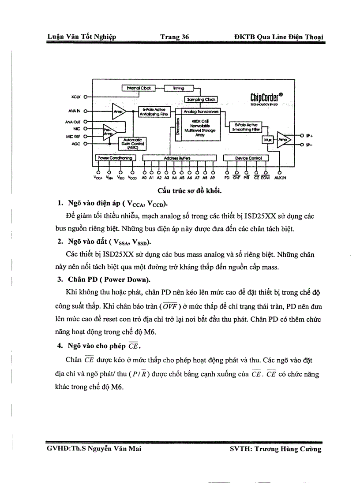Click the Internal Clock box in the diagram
point(139,88)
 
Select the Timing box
point(178,88)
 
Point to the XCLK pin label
point(75,96)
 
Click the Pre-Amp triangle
point(109,132)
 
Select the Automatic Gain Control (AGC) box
point(133,144)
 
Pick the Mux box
point(267,140)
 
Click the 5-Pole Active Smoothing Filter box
point(246,127)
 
